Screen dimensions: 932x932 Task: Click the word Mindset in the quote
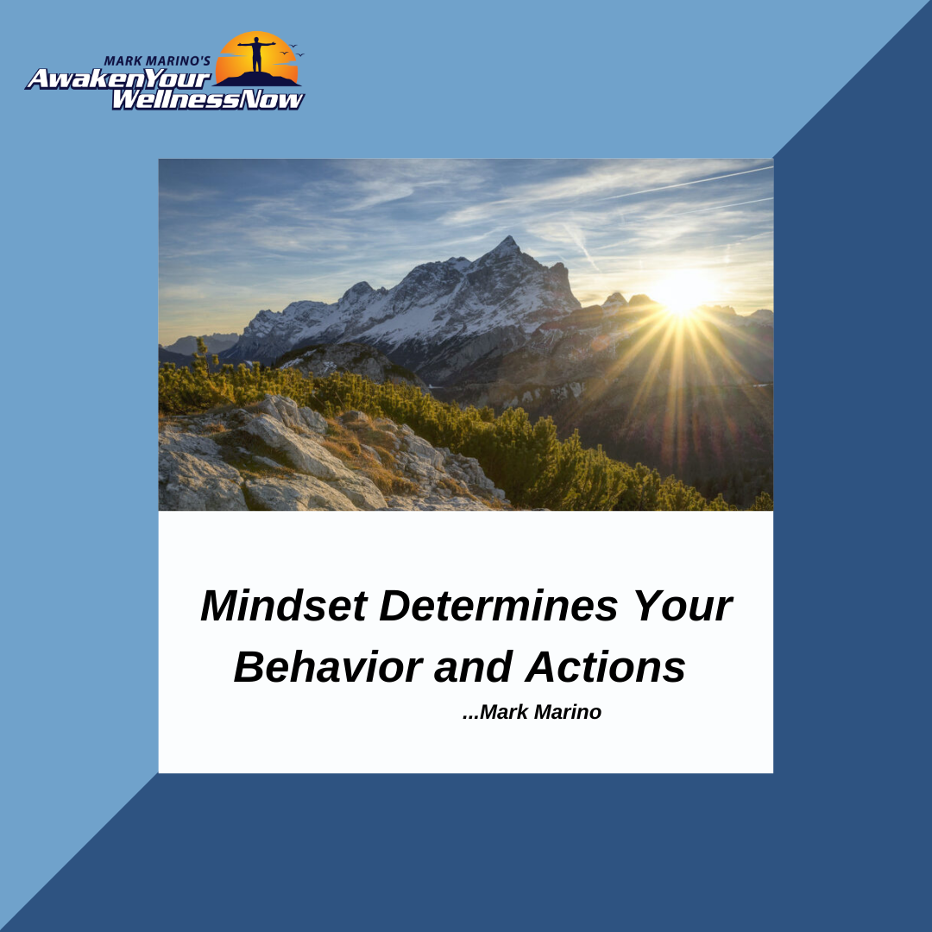[284, 606]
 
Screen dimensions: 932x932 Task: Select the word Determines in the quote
[499, 606]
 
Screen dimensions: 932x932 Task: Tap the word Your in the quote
[683, 606]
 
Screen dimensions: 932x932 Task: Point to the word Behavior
[328, 667]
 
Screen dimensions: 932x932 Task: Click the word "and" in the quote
[474, 667]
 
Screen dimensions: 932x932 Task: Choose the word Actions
[605, 667]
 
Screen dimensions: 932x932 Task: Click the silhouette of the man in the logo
[257, 54]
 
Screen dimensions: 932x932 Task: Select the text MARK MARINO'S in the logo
[157, 60]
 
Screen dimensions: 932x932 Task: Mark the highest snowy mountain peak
[507, 242]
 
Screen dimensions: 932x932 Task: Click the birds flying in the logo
[292, 51]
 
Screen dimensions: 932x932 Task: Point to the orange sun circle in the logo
[257, 56]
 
